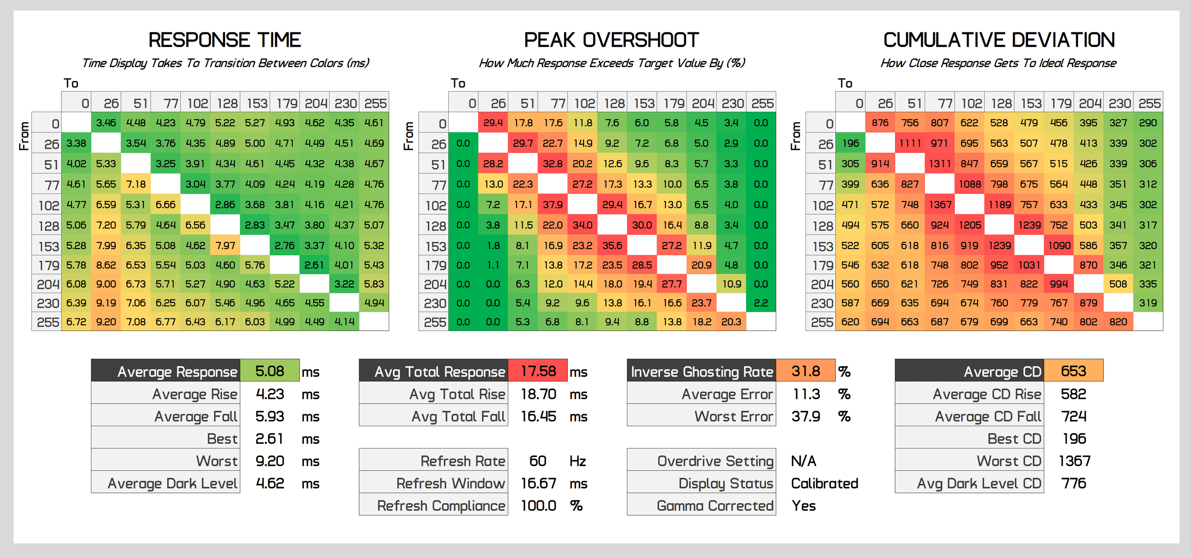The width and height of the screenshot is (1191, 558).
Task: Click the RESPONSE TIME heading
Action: click(x=224, y=40)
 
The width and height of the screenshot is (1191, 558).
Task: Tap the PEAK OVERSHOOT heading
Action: click(x=611, y=40)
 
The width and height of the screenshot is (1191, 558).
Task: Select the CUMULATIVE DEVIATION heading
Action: click(x=999, y=40)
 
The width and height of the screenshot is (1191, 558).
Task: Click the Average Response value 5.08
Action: click(x=270, y=371)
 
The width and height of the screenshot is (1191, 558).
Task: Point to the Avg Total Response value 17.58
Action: click(x=538, y=371)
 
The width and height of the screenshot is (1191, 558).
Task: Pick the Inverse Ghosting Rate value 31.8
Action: click(x=806, y=371)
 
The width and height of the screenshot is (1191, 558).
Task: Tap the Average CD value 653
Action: click(x=1073, y=371)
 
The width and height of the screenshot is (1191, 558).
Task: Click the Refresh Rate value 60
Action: click(x=537, y=461)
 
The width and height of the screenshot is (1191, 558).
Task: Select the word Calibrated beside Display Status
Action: click(x=824, y=483)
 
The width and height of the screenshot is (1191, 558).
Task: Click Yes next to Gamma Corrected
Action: click(x=804, y=506)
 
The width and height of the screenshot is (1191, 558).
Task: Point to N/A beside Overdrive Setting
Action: click(x=804, y=461)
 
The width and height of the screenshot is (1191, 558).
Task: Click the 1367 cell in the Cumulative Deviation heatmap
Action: click(x=940, y=205)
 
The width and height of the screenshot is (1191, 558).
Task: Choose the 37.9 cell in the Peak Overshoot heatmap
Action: click(x=553, y=205)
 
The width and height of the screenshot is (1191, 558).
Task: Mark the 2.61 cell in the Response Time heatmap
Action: click(x=314, y=265)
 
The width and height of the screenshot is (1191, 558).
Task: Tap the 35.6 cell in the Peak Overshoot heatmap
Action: click(x=612, y=246)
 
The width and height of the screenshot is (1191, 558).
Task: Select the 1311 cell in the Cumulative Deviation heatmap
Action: click(x=940, y=164)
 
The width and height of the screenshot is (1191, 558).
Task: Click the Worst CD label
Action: click(x=1009, y=461)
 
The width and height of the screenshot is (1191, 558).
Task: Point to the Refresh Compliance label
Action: click(x=441, y=506)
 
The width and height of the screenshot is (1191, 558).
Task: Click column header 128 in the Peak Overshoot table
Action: click(x=614, y=103)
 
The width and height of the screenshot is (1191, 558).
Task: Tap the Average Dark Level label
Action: click(x=172, y=483)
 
